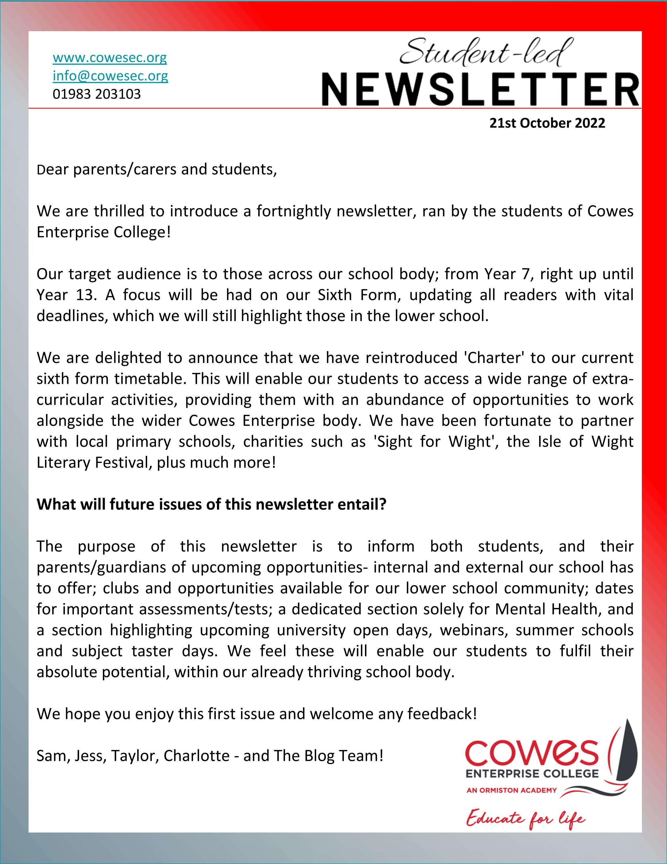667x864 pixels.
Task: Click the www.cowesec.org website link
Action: point(110,58)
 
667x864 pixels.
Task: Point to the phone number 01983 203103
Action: point(97,94)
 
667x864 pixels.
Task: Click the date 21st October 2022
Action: point(547,123)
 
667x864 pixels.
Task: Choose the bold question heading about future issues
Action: point(211,504)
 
